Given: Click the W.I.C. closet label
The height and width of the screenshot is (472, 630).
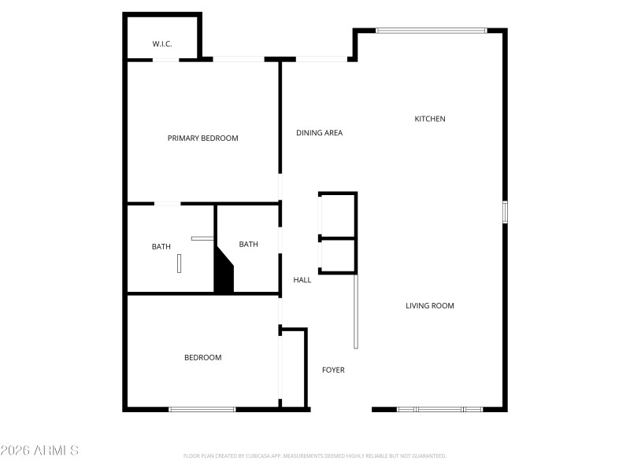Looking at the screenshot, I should pyautogui.click(x=162, y=44).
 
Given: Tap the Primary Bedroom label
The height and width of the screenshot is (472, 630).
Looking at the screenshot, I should pyautogui.click(x=202, y=138).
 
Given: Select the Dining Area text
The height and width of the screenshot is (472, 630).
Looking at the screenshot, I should pyautogui.click(x=319, y=133).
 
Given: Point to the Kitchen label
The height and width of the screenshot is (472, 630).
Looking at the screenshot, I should pyautogui.click(x=430, y=119).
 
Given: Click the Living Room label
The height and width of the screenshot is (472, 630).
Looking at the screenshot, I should pyautogui.click(x=429, y=306).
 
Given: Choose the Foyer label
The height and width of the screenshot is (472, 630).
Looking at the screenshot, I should pyautogui.click(x=333, y=370).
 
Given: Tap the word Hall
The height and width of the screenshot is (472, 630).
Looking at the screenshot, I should pyautogui.click(x=302, y=280).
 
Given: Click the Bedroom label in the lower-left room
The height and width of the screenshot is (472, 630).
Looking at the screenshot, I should pyautogui.click(x=202, y=358).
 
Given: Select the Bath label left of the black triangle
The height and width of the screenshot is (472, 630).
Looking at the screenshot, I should pyautogui.click(x=161, y=247).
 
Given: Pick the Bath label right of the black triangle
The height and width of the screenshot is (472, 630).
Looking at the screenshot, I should pyautogui.click(x=248, y=245).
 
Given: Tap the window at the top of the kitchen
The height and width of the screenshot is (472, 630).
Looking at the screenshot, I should pyautogui.click(x=431, y=31).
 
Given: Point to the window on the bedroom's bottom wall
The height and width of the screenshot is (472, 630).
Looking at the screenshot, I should pyautogui.click(x=202, y=409).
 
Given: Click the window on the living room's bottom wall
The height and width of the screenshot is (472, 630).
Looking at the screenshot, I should pyautogui.click(x=439, y=409).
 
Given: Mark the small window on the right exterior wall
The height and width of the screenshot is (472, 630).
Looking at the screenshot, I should pyautogui.click(x=505, y=212).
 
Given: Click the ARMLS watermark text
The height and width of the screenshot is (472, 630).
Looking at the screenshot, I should pyautogui.click(x=39, y=451).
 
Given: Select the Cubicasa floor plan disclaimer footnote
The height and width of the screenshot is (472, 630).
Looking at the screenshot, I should pyautogui.click(x=315, y=455).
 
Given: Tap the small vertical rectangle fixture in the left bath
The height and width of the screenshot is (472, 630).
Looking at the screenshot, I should pyautogui.click(x=180, y=263).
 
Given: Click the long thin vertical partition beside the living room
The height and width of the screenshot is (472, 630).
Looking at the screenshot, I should pyautogui.click(x=356, y=311).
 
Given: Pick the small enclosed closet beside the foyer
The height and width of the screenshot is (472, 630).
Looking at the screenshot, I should pyautogui.click(x=293, y=368).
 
